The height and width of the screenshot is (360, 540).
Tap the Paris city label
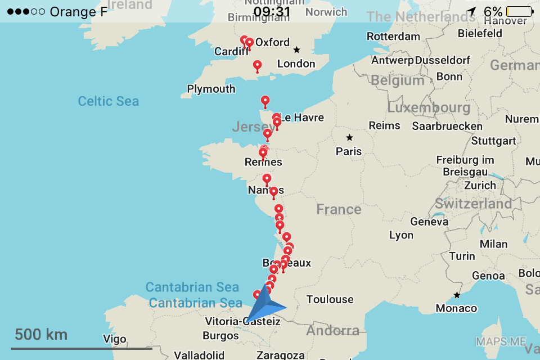click(x=349, y=151)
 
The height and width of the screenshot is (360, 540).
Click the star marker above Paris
click(x=349, y=137)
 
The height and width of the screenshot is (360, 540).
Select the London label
click(x=296, y=64)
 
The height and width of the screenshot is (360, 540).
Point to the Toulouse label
click(x=330, y=299)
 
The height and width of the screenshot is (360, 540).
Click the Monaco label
click(x=456, y=308)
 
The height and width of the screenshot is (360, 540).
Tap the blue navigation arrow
click(x=265, y=304)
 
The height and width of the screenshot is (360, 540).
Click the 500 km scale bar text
click(x=41, y=335)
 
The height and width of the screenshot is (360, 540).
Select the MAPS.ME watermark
click(x=501, y=341)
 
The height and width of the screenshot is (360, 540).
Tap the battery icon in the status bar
click(x=519, y=11)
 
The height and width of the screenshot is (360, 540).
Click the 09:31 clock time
click(x=272, y=12)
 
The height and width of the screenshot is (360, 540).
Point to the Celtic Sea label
click(x=108, y=101)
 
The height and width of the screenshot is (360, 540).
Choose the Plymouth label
click(x=211, y=89)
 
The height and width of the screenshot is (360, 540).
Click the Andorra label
click(x=332, y=330)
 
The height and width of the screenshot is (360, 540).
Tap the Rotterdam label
click(x=393, y=37)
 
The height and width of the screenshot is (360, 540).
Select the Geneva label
click(x=429, y=222)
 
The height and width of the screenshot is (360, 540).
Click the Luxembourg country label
click(x=429, y=107)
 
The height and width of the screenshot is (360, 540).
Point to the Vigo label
click(x=115, y=339)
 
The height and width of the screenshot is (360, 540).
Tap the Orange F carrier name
click(x=78, y=12)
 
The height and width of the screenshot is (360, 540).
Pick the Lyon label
click(x=401, y=235)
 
